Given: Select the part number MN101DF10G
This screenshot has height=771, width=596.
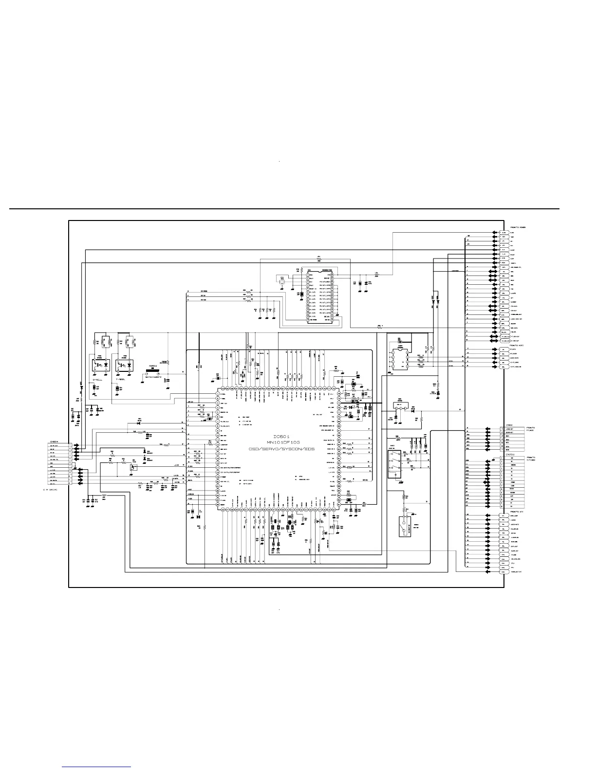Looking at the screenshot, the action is click(x=282, y=442).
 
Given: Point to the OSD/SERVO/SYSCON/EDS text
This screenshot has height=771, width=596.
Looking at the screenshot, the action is click(x=282, y=448).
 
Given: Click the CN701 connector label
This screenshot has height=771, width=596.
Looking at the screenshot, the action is click(x=510, y=455).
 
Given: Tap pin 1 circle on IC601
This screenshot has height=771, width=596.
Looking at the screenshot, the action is click(x=217, y=395).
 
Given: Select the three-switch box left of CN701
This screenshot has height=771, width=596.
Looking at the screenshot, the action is click(x=394, y=465).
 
